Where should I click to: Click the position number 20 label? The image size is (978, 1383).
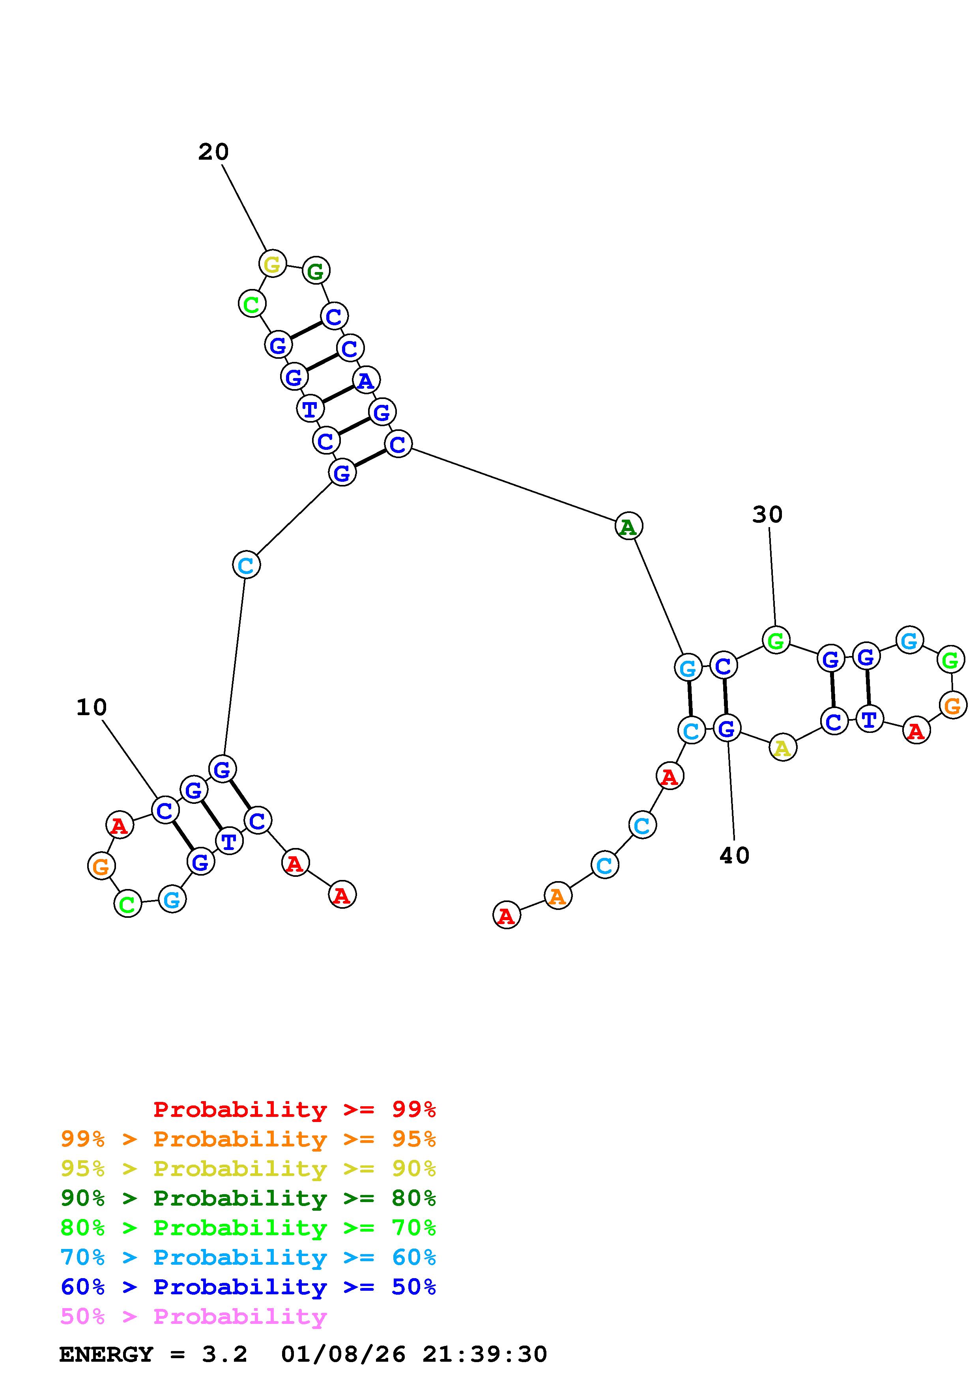coord(213,152)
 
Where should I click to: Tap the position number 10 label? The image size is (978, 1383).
coord(92,707)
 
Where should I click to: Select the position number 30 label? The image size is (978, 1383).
coord(767,514)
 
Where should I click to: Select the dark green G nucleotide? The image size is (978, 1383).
coord(316,270)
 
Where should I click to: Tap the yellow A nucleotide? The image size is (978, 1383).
coord(782,748)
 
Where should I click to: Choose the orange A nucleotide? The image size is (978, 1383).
coord(557,896)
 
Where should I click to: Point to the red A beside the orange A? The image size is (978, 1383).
coord(506,915)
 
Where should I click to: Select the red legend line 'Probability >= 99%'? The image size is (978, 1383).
coord(294,1109)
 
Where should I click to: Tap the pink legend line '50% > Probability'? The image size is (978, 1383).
coord(193,1317)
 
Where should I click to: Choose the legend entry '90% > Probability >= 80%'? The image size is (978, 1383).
coord(248,1198)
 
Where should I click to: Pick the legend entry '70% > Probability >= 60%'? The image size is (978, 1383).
coord(248,1258)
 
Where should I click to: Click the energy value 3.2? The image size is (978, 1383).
coord(224,1355)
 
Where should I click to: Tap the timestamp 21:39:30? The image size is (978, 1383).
coord(484,1355)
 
